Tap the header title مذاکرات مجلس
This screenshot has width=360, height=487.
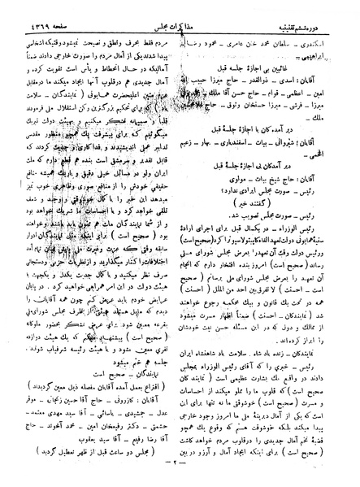176,9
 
